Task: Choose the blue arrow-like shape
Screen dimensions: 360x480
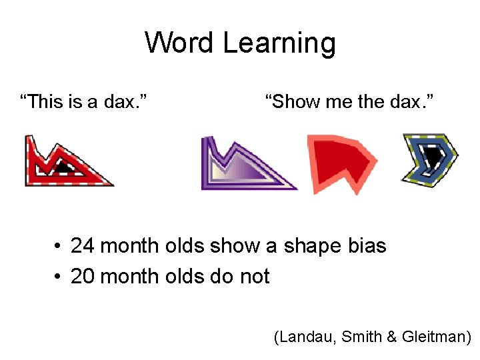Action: click(430, 160)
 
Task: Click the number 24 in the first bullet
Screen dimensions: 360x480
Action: click(82, 246)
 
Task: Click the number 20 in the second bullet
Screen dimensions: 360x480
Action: click(82, 276)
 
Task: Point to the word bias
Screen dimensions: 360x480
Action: click(367, 246)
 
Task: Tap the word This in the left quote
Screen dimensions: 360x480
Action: click(45, 102)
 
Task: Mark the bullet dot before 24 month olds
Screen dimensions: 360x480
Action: click(59, 247)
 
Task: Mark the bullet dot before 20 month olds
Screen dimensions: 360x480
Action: click(59, 277)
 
